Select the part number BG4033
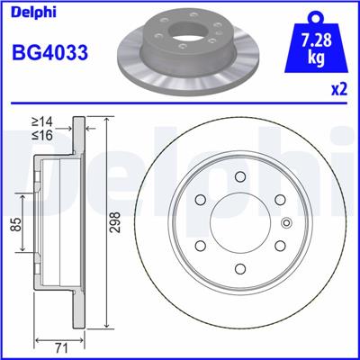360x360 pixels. click(x=49, y=52)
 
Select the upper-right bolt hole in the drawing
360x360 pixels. click(x=281, y=201)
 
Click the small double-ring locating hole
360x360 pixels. click(x=287, y=225)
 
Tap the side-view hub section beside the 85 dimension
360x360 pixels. click(x=49, y=224)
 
